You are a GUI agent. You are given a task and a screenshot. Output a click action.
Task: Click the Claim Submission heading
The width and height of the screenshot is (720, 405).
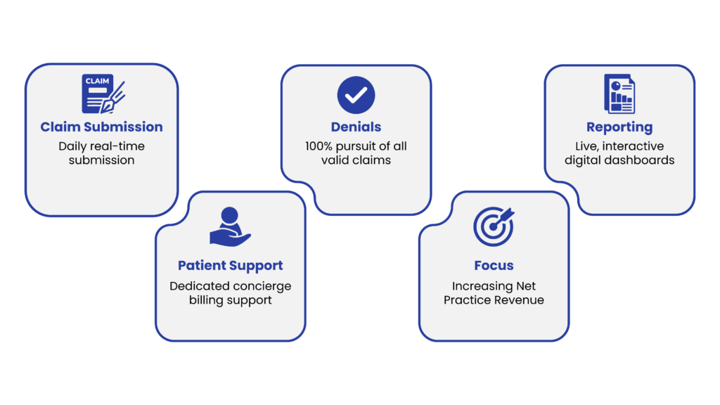click(x=101, y=127)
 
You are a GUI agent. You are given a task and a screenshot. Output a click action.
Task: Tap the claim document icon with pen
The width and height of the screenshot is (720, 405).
click(x=103, y=94)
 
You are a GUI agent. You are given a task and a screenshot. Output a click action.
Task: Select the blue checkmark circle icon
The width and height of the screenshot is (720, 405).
click(x=356, y=95)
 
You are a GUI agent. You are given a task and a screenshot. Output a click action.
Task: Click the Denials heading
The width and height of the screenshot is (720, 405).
click(x=356, y=127)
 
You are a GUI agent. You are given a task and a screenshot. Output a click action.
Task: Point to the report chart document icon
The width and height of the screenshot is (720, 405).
click(x=619, y=94)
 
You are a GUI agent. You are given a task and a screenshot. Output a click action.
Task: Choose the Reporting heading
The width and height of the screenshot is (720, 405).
click(x=619, y=127)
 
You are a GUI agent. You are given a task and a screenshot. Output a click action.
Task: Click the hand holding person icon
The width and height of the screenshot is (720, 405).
click(x=230, y=227)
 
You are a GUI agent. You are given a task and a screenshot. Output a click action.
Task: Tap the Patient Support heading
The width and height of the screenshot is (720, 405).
click(x=230, y=266)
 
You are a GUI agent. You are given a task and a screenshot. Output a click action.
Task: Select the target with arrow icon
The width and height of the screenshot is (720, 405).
click(x=494, y=226)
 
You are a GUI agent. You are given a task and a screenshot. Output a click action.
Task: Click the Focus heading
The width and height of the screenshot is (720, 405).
click(x=494, y=265)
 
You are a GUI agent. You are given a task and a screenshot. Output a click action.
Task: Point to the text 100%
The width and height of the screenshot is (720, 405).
click(x=319, y=146)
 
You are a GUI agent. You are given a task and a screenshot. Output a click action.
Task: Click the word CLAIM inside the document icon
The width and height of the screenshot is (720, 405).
click(x=97, y=81)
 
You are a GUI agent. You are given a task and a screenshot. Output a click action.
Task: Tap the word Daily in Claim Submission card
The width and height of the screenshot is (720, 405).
click(x=72, y=146)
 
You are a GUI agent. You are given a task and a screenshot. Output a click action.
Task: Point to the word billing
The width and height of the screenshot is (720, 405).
click(x=206, y=300)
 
